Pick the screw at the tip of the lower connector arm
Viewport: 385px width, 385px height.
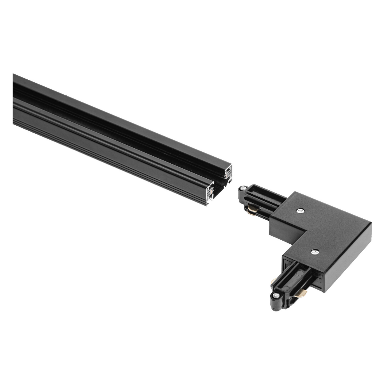coord(276,295)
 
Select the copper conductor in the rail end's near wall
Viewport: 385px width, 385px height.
coord(211,190)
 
